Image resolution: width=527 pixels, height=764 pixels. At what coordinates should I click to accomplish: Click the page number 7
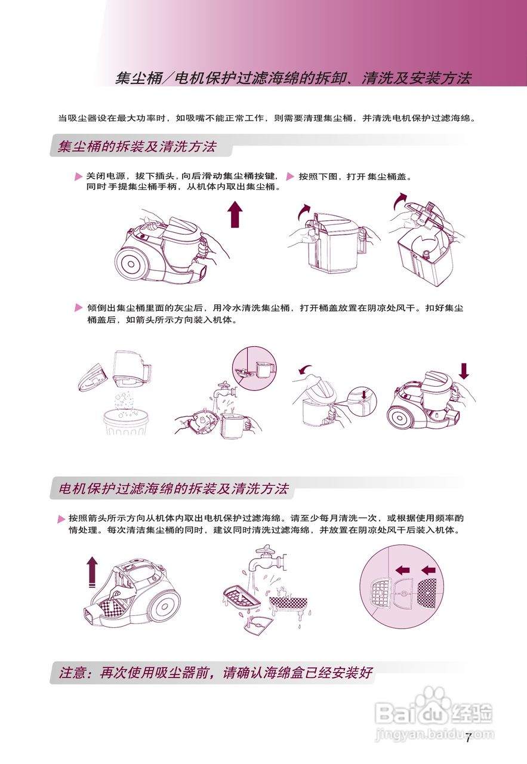(x=469, y=739)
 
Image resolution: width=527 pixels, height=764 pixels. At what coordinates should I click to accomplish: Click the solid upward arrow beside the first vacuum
(x=236, y=214)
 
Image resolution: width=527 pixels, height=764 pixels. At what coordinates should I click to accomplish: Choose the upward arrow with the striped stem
(x=91, y=571)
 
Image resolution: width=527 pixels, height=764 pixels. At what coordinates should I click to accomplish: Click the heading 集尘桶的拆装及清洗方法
(x=137, y=146)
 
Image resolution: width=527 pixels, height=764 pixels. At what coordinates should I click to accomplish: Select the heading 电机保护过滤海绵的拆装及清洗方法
(x=174, y=489)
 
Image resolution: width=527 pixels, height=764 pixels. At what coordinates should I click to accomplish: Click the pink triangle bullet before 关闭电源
(x=78, y=177)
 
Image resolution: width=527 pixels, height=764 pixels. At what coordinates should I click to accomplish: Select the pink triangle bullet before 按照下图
(x=291, y=177)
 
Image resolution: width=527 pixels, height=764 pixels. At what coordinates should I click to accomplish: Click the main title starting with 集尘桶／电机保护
(x=292, y=78)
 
